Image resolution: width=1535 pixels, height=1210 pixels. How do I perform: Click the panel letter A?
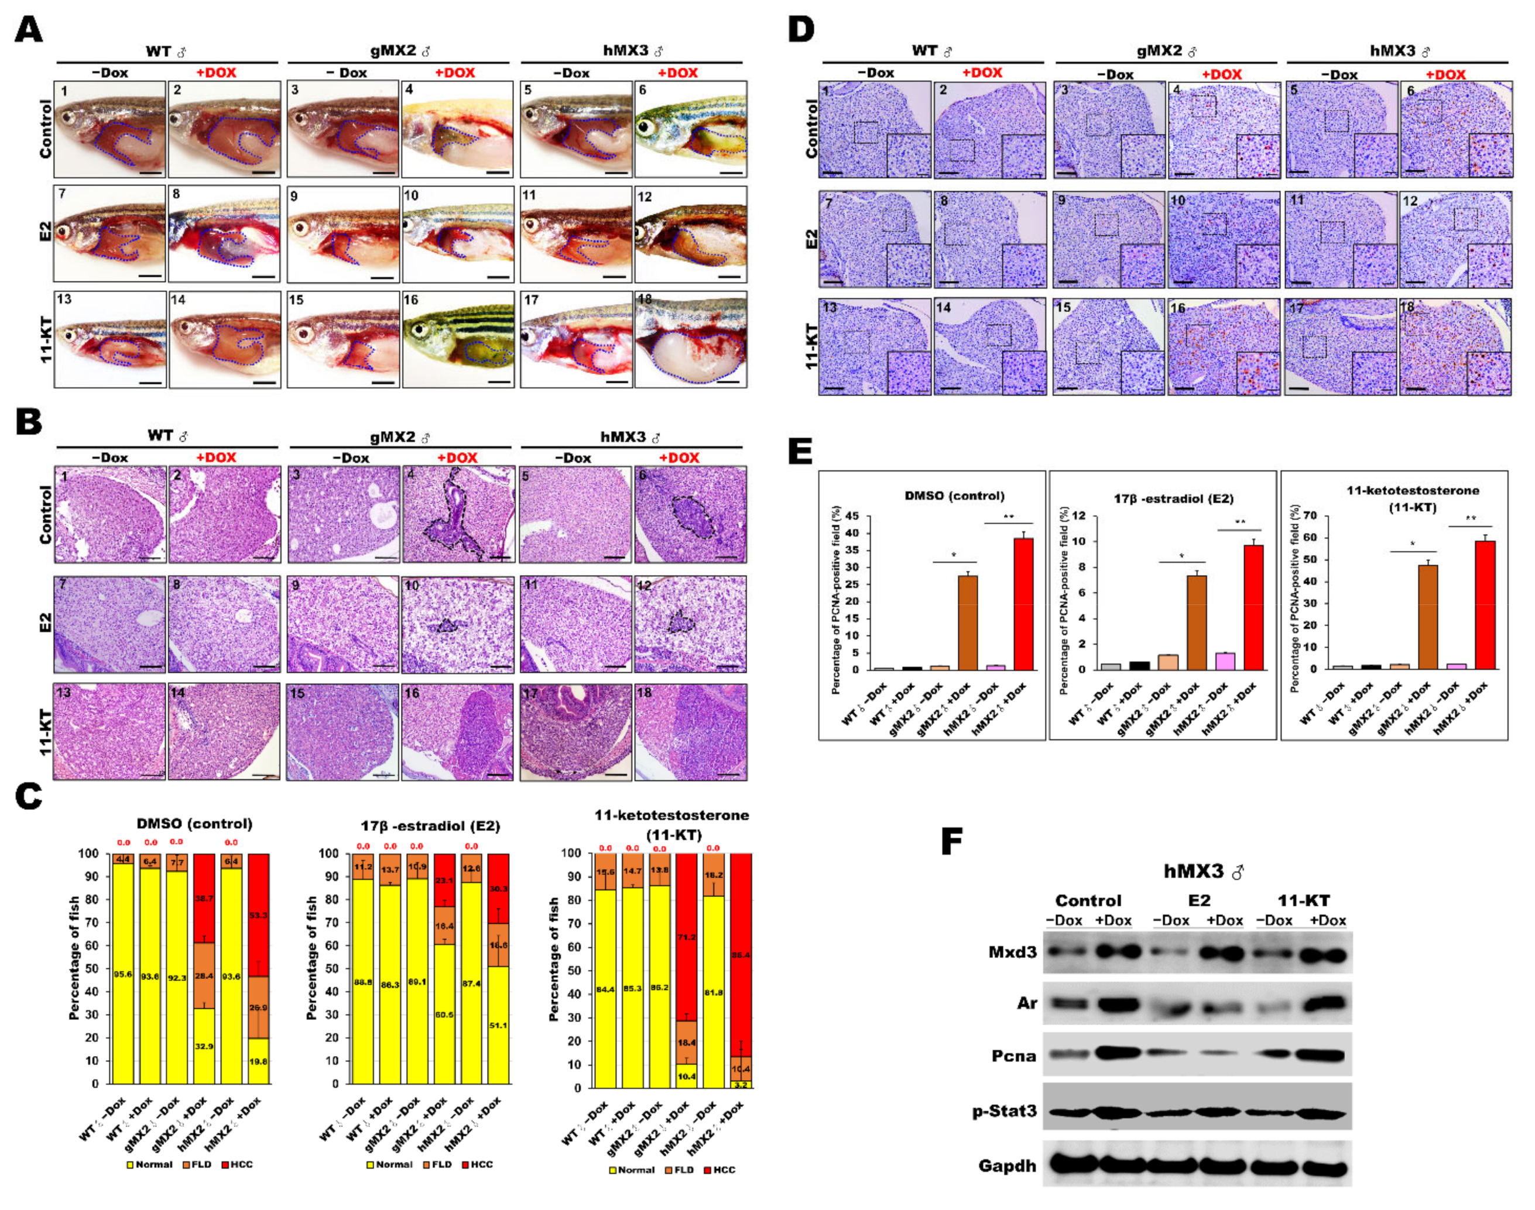28,30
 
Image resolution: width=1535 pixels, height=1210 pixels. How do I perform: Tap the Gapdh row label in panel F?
1007,1166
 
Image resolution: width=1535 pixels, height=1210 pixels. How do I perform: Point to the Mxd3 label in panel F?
1012,951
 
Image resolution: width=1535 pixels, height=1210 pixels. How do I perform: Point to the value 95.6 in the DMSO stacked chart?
122,974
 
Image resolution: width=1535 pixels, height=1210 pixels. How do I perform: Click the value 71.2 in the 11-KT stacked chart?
687,937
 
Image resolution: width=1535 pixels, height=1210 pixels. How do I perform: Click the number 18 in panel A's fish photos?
644,299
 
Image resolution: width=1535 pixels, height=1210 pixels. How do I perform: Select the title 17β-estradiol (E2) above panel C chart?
430,826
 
